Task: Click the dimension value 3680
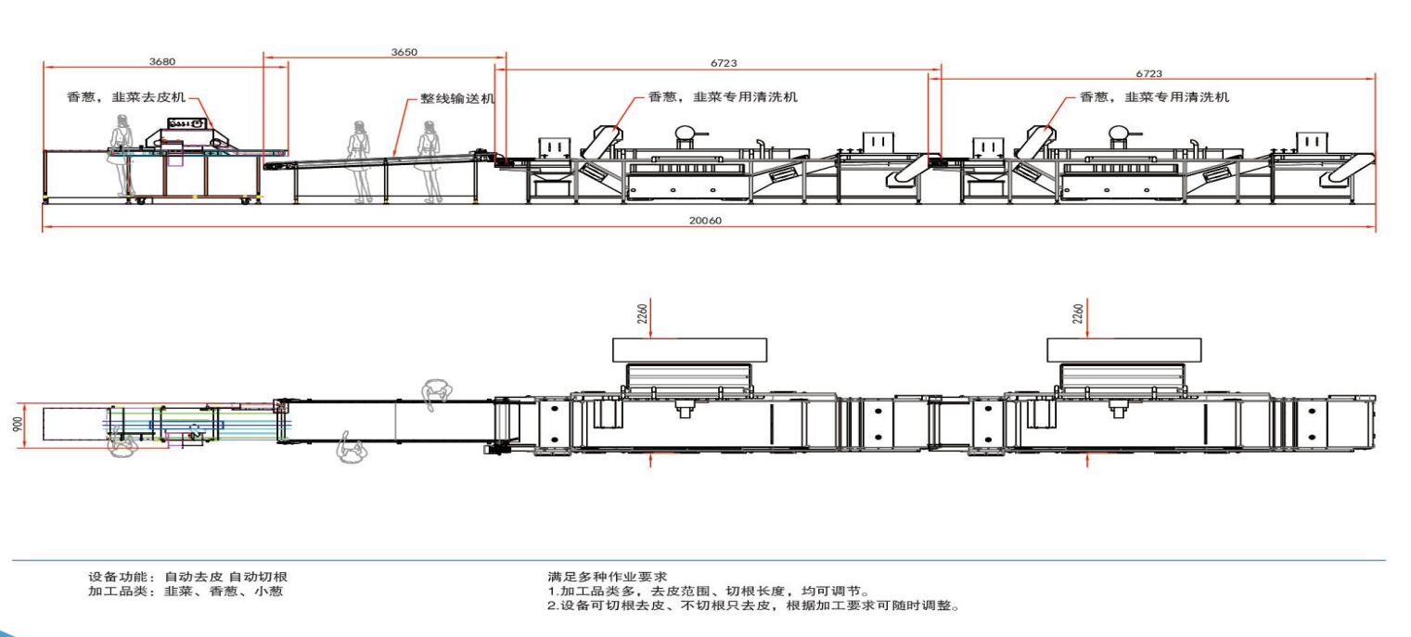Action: (161, 61)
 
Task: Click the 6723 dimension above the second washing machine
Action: (1148, 72)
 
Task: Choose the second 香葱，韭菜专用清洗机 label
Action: (1154, 96)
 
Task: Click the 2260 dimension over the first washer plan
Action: (640, 313)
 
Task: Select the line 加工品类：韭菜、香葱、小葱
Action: (186, 591)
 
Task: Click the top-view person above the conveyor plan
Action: (434, 394)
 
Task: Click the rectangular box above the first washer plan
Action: (689, 349)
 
